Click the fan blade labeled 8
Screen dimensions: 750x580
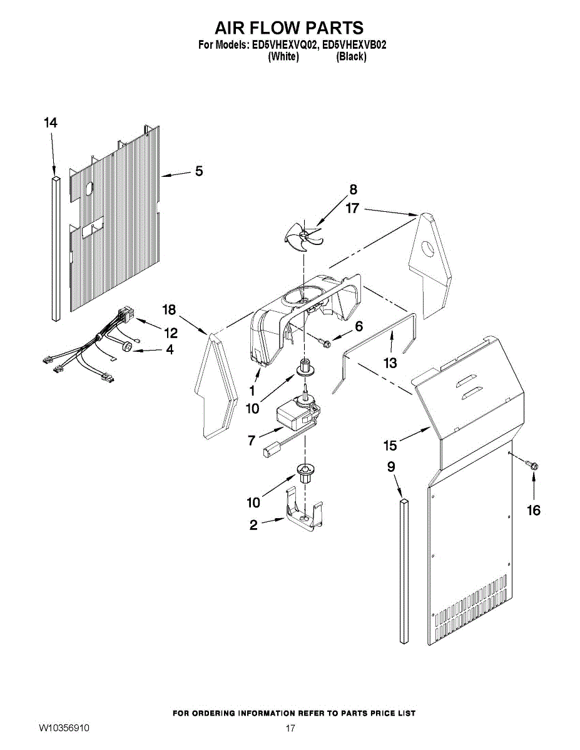304,236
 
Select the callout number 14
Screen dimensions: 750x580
51,123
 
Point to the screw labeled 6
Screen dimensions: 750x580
324,341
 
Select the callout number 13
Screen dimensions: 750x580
390,362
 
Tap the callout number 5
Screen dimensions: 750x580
198,170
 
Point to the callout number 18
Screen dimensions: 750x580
169,309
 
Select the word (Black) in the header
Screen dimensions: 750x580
351,57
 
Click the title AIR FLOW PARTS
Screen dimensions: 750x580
289,28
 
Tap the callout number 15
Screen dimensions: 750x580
390,445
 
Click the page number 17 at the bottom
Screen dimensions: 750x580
290,729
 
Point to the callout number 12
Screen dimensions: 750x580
170,332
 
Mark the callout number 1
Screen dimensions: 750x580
252,391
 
